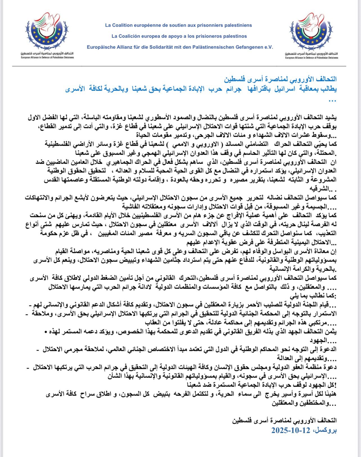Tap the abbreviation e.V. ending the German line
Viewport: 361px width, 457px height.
pyautogui.click(x=268, y=47)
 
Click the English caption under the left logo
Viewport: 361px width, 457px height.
pyautogui.click(x=47, y=58)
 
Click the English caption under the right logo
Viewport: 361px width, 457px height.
pyautogui.click(x=312, y=58)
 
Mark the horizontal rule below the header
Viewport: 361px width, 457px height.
pyautogui.click(x=180, y=66)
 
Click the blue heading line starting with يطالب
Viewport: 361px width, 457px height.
pyautogui.click(x=201, y=89)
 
